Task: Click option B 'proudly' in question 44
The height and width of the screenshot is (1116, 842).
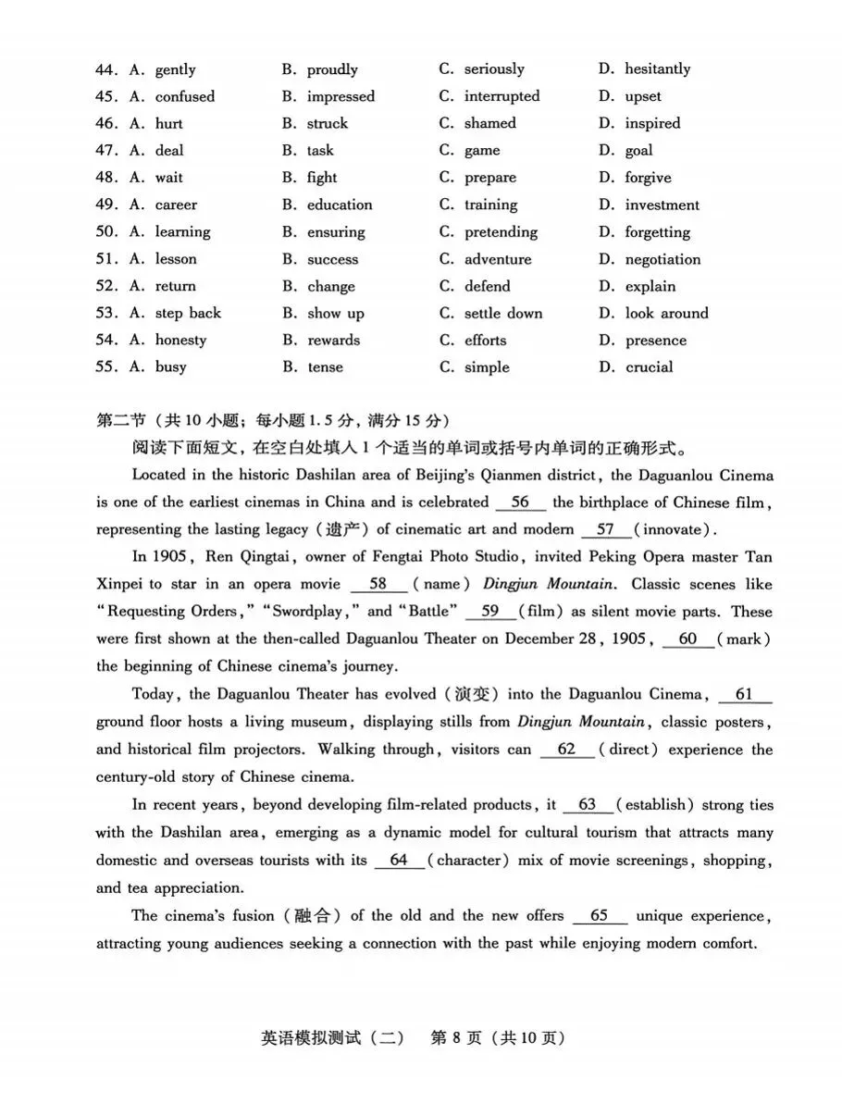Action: (x=332, y=69)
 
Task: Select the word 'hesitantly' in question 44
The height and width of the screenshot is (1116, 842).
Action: (x=657, y=68)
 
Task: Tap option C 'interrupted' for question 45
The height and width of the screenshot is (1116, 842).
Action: (x=501, y=96)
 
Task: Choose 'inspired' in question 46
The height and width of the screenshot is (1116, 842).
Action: (x=652, y=123)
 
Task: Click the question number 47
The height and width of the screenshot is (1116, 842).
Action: (x=106, y=150)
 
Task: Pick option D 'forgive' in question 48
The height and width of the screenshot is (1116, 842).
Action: (x=648, y=178)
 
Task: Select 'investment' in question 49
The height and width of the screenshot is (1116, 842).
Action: (x=662, y=205)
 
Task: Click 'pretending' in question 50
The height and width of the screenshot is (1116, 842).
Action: (x=501, y=232)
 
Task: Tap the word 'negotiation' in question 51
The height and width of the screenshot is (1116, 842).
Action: (x=662, y=259)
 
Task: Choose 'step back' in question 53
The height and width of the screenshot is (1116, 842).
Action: (x=188, y=313)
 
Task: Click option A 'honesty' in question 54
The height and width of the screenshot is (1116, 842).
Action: (x=180, y=340)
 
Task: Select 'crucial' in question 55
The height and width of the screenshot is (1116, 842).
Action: (x=649, y=366)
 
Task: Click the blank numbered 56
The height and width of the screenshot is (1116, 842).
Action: (x=520, y=502)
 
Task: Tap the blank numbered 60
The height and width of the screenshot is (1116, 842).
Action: (x=687, y=639)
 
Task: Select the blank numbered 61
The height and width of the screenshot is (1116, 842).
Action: (x=743, y=695)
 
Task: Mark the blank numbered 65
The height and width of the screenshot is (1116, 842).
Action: (x=599, y=916)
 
